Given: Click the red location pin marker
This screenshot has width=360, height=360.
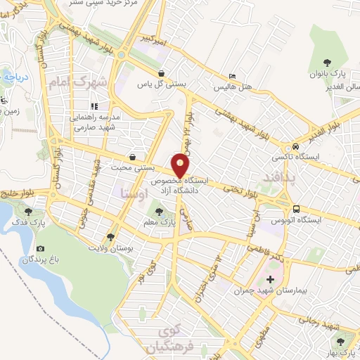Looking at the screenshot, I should pyautogui.click(x=181, y=167).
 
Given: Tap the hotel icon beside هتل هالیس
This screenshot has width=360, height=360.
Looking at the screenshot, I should pyautogui.click(x=233, y=77).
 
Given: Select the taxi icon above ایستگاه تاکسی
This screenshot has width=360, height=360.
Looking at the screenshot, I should pyautogui.click(x=296, y=146).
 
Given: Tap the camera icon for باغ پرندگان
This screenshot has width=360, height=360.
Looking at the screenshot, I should pyautogui.click(x=40, y=248).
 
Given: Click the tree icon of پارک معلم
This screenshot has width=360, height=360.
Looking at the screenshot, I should pyautogui.click(x=157, y=211).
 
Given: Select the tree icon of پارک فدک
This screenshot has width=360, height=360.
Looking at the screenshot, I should pyautogui.click(x=27, y=210).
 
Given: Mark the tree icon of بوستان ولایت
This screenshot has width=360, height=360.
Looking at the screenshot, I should pyautogui.click(x=110, y=237).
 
